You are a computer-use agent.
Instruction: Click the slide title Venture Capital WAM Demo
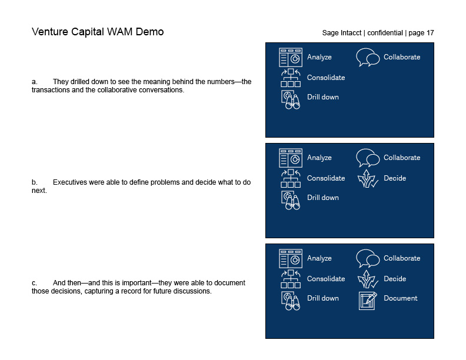(98, 32)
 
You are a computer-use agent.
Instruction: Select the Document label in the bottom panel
(400, 298)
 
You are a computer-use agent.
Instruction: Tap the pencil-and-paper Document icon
(368, 300)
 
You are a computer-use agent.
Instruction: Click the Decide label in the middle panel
(395, 178)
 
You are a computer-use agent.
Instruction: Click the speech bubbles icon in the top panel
(368, 58)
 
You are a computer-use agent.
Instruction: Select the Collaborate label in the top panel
(402, 57)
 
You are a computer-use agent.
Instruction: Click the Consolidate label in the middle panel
(326, 178)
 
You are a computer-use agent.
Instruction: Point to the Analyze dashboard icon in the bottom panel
(291, 258)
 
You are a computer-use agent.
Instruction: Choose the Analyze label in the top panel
(319, 57)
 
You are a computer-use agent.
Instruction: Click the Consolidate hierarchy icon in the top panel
(291, 78)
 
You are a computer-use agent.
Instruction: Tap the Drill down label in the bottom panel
(323, 298)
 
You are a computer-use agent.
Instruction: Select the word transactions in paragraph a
(51, 90)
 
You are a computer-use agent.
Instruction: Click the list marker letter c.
(34, 283)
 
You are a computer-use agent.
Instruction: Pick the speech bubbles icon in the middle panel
(368, 158)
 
